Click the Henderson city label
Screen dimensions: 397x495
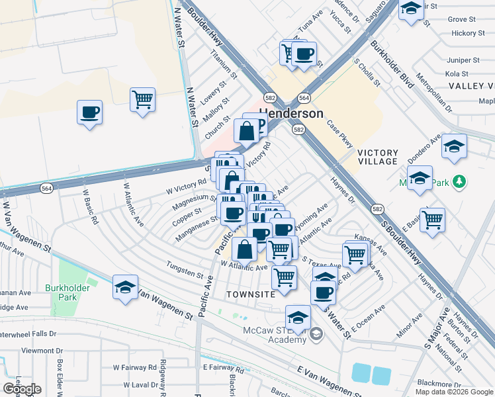tap(291, 113)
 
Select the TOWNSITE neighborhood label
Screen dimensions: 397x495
tap(249, 293)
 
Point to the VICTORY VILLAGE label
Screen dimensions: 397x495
tap(377, 156)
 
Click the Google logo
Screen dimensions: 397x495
tap(22, 389)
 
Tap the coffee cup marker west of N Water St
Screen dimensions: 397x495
tap(89, 112)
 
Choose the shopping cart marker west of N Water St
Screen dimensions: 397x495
tap(142, 100)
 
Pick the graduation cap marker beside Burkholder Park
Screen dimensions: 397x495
tap(125, 287)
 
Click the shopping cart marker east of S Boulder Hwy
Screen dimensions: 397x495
tap(432, 220)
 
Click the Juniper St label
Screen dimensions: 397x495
tap(457, 60)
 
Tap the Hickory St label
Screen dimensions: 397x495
tap(469, 33)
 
